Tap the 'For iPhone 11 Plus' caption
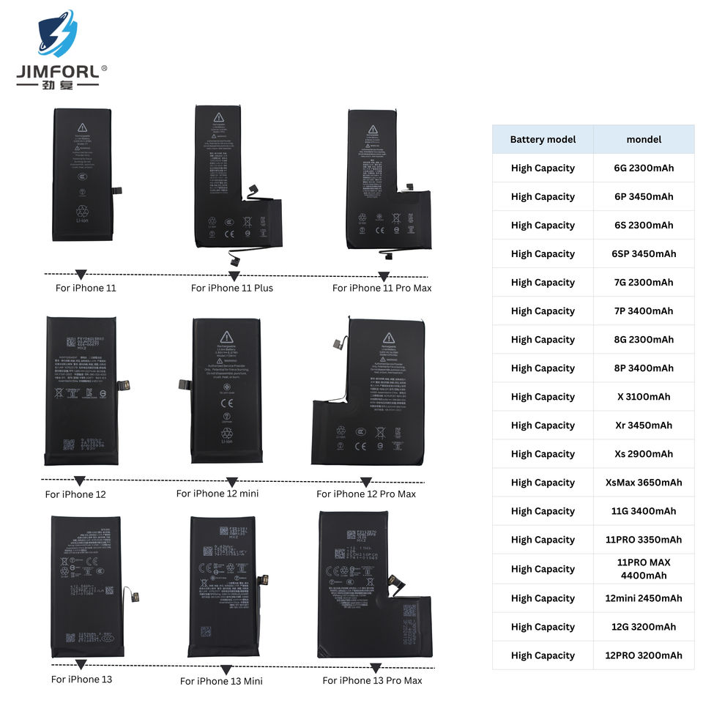click(x=231, y=288)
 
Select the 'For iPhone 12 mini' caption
click(x=217, y=494)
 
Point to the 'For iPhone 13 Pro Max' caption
click(x=372, y=680)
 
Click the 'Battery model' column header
click(x=543, y=139)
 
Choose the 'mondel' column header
click(x=644, y=139)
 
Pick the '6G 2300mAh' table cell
click(x=644, y=168)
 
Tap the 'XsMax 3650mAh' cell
click(x=644, y=483)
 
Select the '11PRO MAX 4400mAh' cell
click(x=644, y=569)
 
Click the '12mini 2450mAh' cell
click(x=644, y=598)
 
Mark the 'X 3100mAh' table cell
click(x=644, y=397)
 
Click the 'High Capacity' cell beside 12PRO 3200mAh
click(x=543, y=655)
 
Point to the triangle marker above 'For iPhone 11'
click(x=81, y=275)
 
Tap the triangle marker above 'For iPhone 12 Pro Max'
click(x=366, y=482)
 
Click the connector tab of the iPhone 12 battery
click(x=123, y=384)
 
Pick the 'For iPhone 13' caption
click(x=81, y=679)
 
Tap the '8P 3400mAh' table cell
click(x=644, y=368)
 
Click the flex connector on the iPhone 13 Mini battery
click(x=264, y=580)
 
